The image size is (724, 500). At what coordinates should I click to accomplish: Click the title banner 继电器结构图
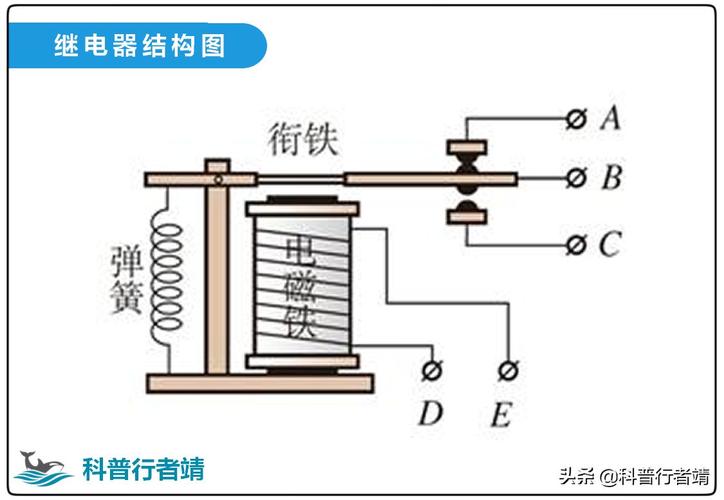click(138, 46)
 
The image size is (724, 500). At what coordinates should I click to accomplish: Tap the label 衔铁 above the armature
click(303, 141)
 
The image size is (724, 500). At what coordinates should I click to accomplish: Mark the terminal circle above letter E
click(508, 370)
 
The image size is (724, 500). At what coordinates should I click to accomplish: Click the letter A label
click(609, 119)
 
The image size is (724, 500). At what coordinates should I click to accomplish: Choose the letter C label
click(609, 245)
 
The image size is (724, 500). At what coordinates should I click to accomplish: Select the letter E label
click(501, 416)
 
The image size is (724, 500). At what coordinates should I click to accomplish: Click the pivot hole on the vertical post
click(219, 180)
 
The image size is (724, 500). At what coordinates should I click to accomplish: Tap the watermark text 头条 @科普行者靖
click(634, 477)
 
